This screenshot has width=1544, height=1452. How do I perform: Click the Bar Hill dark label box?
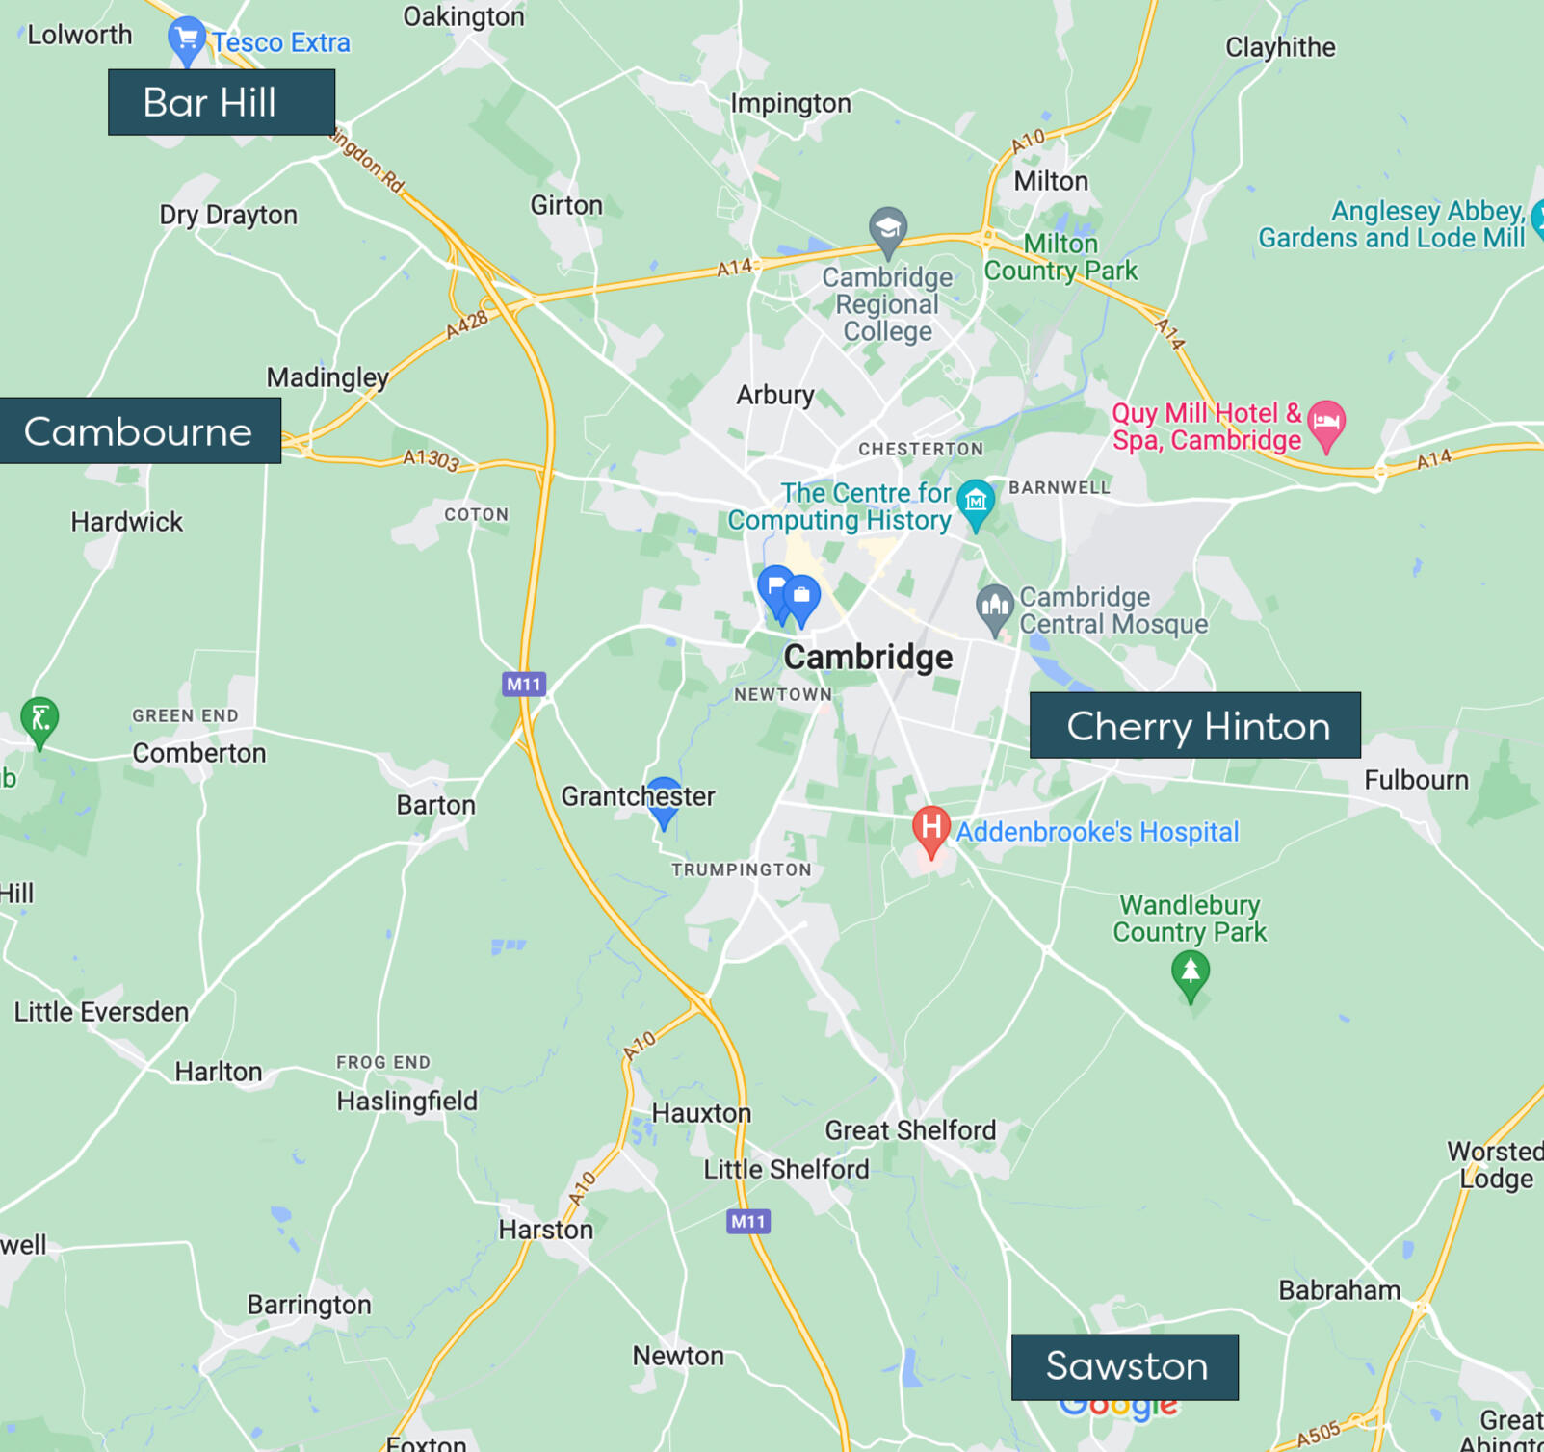click(222, 102)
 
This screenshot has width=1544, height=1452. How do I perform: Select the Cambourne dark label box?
click(141, 431)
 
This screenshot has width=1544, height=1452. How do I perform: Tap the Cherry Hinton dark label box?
click(1195, 726)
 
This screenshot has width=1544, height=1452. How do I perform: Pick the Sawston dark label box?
click(1125, 1366)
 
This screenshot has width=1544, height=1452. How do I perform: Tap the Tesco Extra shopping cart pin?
click(186, 39)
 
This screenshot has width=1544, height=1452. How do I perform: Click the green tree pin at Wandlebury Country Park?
click(1191, 972)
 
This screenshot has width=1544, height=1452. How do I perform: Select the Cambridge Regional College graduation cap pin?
click(887, 229)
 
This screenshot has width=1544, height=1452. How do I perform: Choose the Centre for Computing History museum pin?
click(976, 501)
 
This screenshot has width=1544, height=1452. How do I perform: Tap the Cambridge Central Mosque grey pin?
click(994, 607)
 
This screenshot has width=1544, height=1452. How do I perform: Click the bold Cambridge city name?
click(868, 657)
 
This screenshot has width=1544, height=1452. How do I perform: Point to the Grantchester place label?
click(638, 796)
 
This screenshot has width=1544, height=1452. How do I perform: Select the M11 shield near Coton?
click(524, 685)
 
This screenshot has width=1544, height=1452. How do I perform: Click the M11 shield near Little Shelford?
click(748, 1222)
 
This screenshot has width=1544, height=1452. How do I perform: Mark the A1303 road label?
click(431, 459)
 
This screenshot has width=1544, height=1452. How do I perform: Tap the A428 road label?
click(467, 324)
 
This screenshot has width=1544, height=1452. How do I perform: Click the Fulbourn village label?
click(1416, 780)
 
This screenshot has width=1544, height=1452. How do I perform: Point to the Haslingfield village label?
click(406, 1101)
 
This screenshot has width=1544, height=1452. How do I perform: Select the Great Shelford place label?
click(910, 1130)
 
